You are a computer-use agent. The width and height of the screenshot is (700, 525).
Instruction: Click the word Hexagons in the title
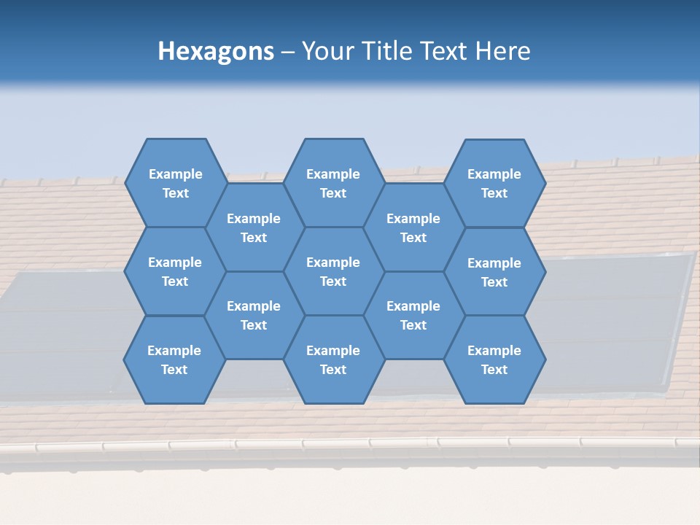[216, 51]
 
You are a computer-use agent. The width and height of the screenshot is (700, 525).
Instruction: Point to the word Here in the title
[503, 51]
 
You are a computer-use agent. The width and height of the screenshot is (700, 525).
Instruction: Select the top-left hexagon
[175, 183]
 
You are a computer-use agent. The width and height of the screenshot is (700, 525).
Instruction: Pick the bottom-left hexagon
[174, 359]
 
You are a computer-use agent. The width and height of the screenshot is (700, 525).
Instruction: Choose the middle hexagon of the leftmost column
[175, 271]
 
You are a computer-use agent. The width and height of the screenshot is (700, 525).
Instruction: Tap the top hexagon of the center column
[333, 183]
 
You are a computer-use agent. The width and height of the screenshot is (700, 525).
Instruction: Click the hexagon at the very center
[333, 271]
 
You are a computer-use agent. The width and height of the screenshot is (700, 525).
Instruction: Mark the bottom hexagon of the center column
[333, 359]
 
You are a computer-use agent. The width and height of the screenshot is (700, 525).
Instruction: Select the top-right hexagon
[494, 183]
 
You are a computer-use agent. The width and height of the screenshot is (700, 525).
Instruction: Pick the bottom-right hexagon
[494, 359]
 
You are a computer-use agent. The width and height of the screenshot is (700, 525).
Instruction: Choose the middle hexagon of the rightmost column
[494, 272]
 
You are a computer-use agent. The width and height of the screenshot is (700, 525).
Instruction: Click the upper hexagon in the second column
[254, 227]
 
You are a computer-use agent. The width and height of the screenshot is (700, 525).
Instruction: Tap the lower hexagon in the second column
[254, 315]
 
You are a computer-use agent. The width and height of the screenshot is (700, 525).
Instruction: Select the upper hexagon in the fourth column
[413, 227]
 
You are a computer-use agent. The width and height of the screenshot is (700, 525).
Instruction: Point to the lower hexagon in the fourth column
[413, 315]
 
